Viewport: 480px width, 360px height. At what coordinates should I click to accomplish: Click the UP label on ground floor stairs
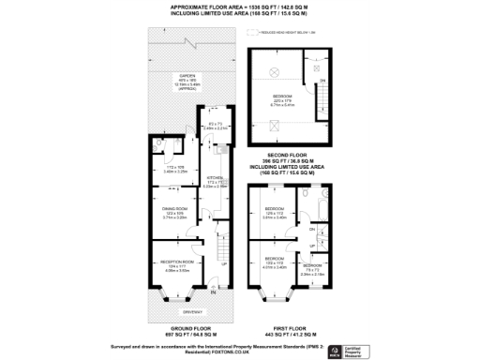coord(222,263)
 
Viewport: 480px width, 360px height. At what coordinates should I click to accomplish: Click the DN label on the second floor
coord(321,82)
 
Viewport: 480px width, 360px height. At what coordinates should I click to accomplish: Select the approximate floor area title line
coord(240,7)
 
